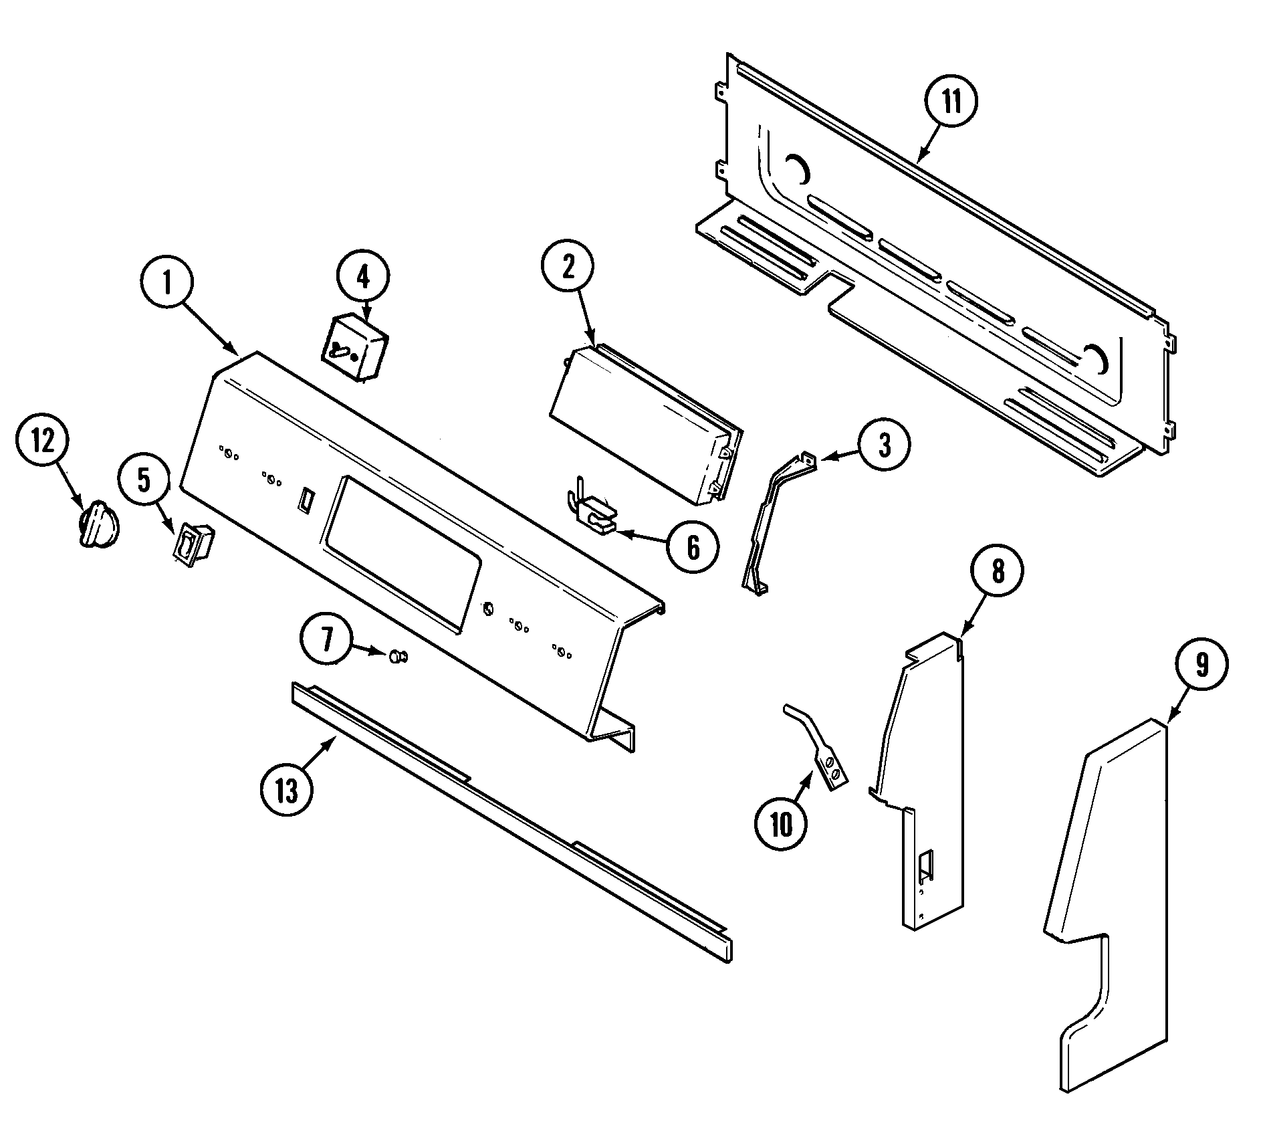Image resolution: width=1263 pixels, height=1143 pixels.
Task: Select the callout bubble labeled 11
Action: pyautogui.click(x=951, y=102)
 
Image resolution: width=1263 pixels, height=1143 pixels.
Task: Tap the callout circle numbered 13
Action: pyautogui.click(x=287, y=791)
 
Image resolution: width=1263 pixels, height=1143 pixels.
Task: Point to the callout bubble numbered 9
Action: pyautogui.click(x=1202, y=665)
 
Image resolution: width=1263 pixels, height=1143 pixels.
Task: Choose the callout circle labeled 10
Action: pyautogui.click(x=781, y=825)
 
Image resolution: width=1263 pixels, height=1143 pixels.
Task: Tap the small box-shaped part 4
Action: pyautogui.click(x=356, y=348)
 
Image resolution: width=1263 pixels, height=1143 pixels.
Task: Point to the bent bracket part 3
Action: pyautogui.click(x=769, y=522)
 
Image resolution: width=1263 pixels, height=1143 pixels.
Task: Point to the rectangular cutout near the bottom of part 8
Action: pyautogui.click(x=927, y=865)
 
